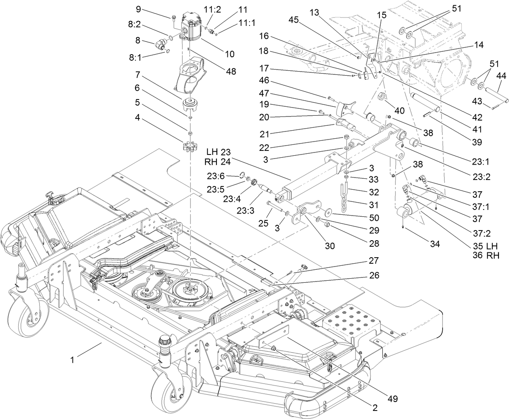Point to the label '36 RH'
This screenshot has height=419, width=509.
[489, 255]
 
